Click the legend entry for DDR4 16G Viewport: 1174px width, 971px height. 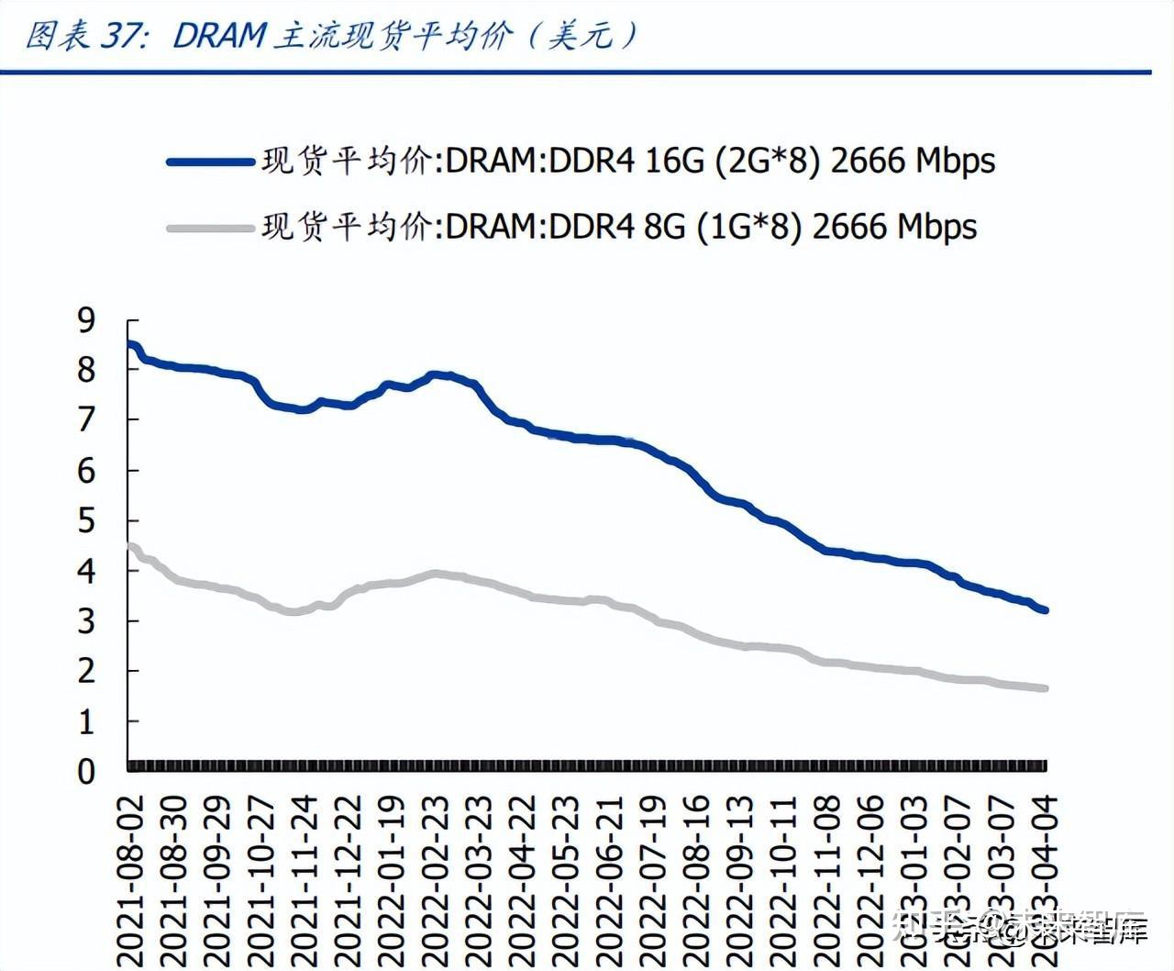[x=627, y=162]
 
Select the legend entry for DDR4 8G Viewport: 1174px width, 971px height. [x=618, y=226]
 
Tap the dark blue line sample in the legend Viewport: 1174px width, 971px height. [x=210, y=162]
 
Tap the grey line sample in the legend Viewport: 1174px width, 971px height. [x=210, y=227]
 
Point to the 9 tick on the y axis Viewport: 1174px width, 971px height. [x=86, y=320]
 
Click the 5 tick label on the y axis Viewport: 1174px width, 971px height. [x=86, y=521]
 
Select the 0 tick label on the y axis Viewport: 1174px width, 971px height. [x=86, y=772]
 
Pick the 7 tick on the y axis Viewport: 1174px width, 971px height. [x=86, y=420]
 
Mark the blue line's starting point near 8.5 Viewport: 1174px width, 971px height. [x=130, y=345]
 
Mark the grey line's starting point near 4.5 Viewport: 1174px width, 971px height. [x=130, y=547]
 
